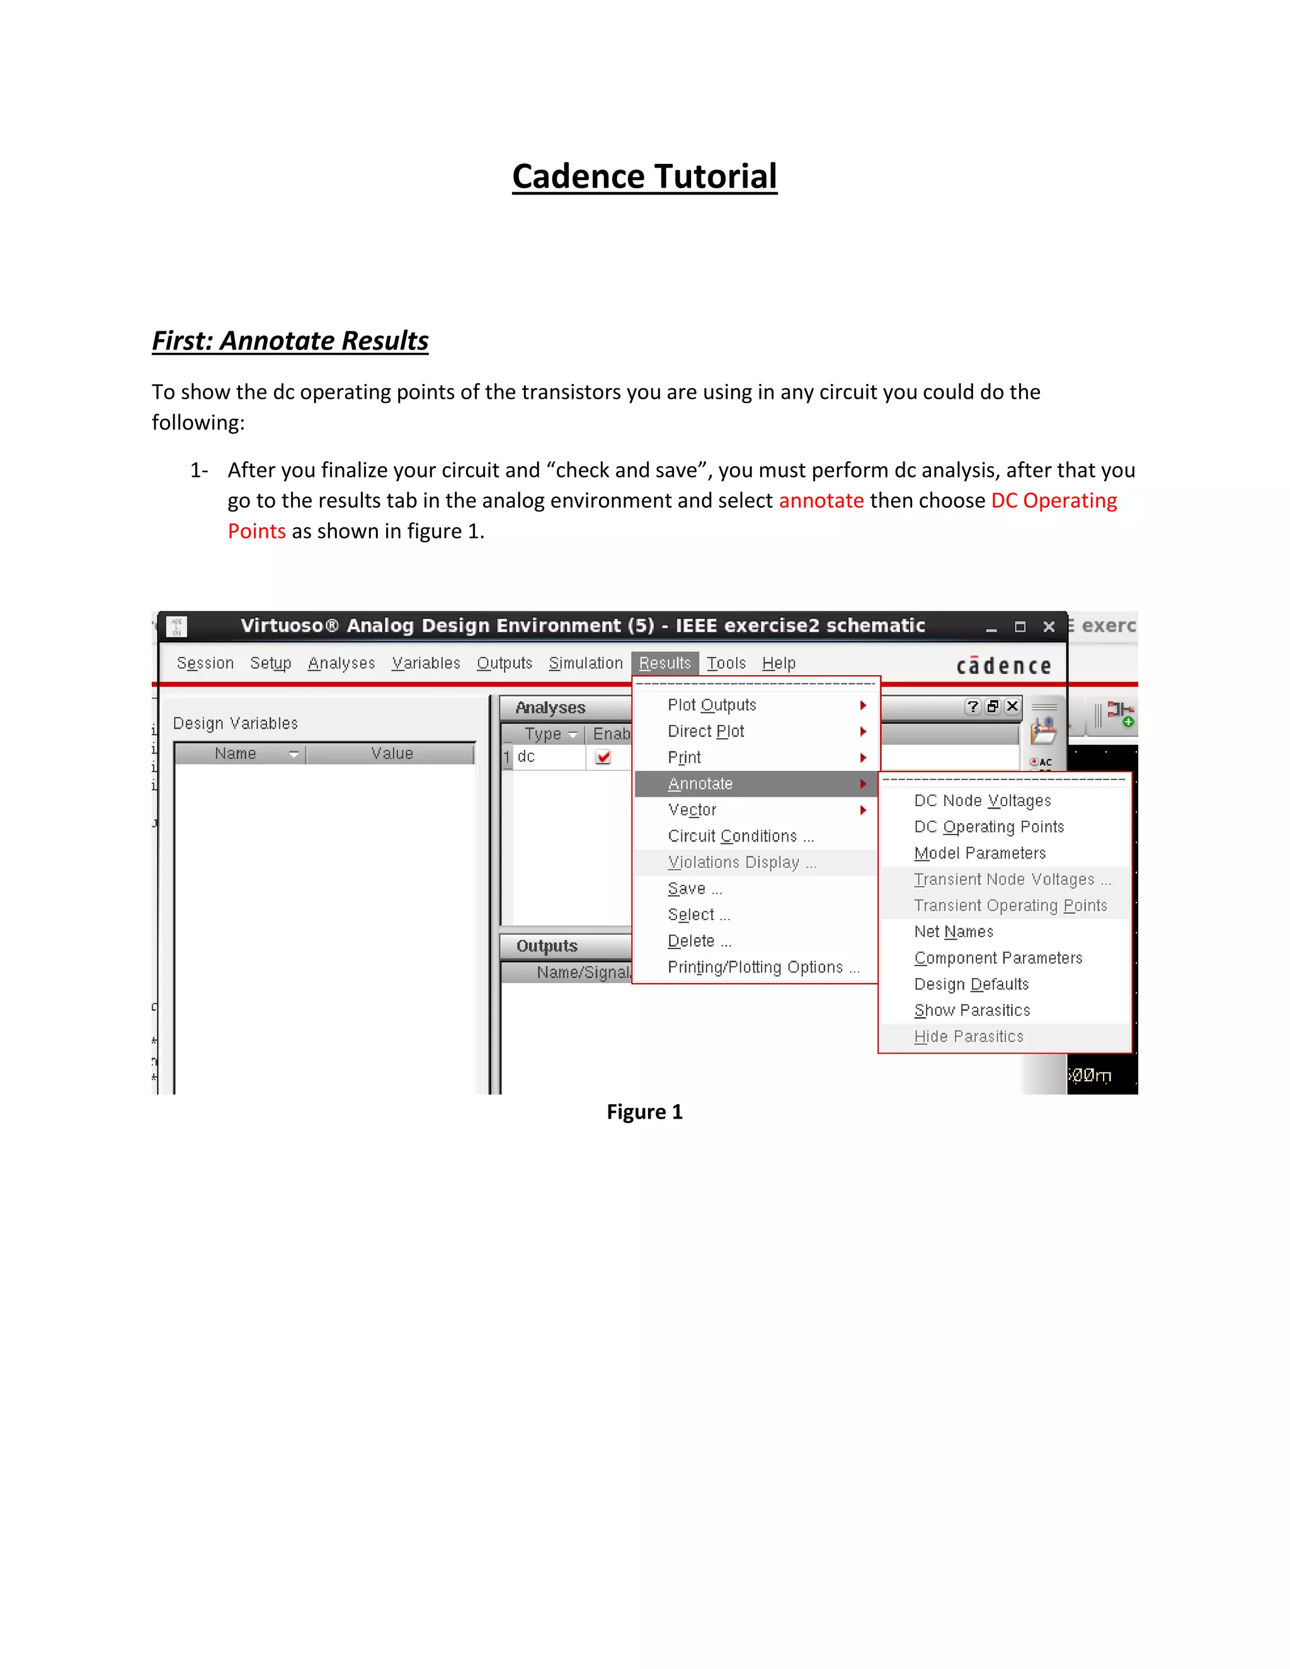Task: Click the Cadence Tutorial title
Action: (644, 176)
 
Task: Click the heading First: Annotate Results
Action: (290, 340)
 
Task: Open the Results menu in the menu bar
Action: (664, 663)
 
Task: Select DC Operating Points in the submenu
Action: (988, 827)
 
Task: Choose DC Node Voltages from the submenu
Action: (982, 801)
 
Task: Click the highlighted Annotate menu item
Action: (700, 784)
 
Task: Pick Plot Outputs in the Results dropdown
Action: (712, 705)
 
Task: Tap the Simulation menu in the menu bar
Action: (585, 663)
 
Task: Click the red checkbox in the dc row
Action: (603, 757)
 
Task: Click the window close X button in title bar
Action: (1049, 627)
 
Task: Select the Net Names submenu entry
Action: (953, 932)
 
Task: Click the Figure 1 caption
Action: (644, 1112)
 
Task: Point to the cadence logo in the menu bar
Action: (1003, 666)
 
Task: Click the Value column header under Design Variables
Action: (391, 753)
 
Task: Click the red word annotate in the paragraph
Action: (821, 501)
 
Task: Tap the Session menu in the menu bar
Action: (205, 663)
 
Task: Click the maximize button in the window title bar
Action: (1020, 627)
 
